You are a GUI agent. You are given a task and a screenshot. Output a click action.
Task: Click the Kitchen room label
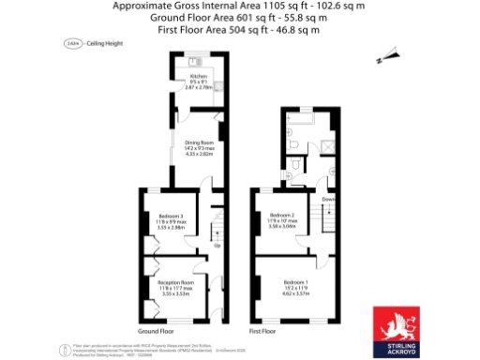coord(198,76)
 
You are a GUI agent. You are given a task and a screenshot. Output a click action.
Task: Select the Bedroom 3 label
coord(171,216)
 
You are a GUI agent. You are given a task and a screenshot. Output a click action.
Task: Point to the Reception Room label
coord(175,282)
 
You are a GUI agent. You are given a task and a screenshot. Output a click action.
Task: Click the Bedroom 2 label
coord(282,216)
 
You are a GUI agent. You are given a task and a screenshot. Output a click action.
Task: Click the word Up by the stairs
coord(217,247)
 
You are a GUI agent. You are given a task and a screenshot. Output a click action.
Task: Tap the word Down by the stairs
coord(329,201)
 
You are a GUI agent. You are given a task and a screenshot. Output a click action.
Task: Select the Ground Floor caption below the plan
coord(156,332)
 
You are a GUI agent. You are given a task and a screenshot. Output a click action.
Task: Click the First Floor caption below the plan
coord(262,332)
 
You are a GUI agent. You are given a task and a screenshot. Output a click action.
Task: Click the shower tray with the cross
coord(327,146)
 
